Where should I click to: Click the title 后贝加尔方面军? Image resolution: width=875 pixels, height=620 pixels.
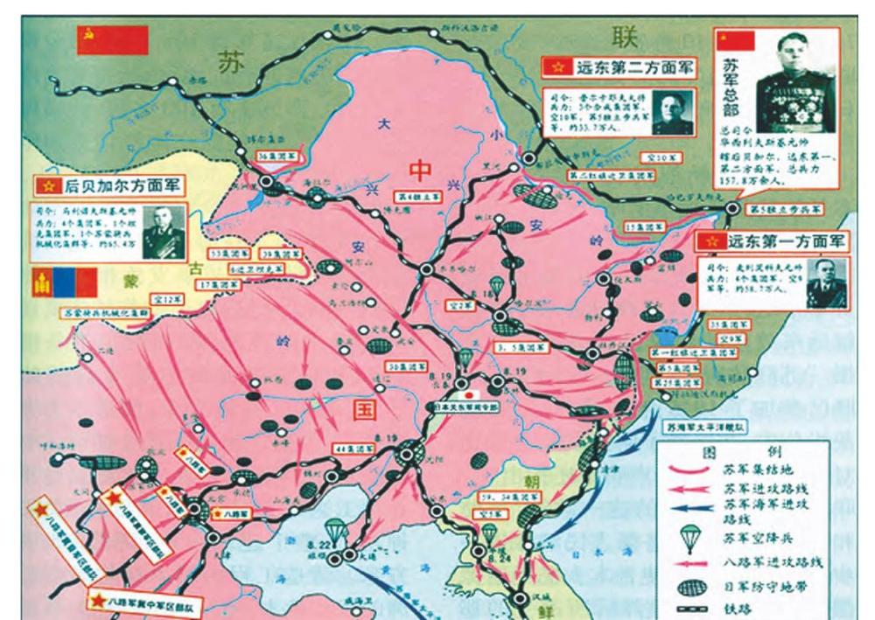point(115,185)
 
